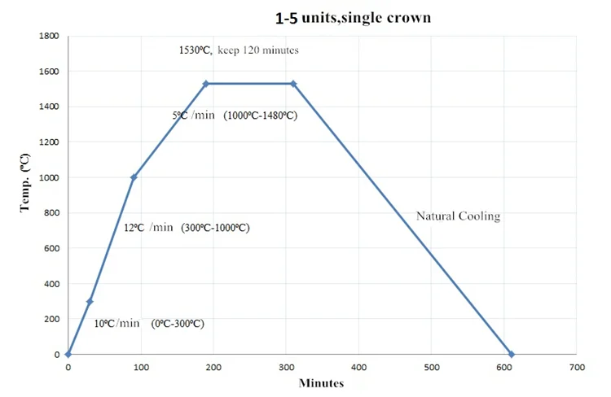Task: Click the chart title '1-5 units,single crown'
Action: pos(353,16)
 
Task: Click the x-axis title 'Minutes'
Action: pos(322,382)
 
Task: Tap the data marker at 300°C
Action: pos(90,302)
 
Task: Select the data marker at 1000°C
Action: pos(134,177)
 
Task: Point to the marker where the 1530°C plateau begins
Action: pos(206,84)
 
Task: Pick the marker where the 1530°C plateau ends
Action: pos(293,84)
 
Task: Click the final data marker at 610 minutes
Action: pos(512,354)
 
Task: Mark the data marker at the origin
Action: pos(68,354)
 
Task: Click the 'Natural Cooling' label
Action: pos(458,216)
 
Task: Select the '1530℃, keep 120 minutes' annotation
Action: pos(239,50)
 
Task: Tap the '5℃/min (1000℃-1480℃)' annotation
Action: pos(235,116)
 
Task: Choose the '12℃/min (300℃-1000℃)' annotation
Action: pos(187,228)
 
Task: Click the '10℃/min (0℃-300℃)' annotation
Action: pos(148,324)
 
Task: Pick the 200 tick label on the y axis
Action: pos(50,319)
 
